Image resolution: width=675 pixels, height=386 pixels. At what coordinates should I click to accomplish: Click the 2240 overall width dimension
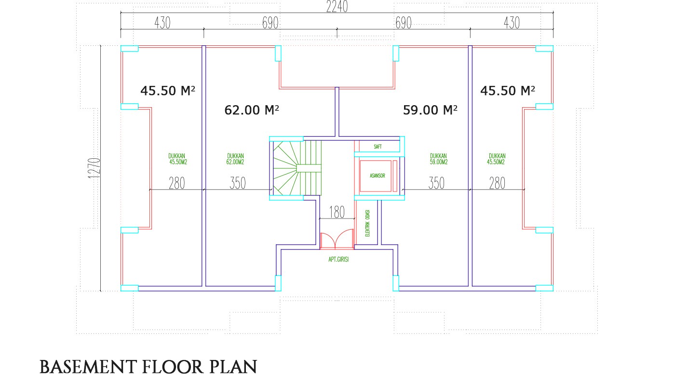337,7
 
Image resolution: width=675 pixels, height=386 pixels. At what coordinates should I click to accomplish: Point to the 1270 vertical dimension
94,168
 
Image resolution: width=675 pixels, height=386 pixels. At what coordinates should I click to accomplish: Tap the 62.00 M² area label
252,110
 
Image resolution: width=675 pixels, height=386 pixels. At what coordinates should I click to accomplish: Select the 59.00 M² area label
430,110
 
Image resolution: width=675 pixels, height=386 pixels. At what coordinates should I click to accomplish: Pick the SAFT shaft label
378,147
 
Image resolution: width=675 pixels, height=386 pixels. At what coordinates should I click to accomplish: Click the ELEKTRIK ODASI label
367,223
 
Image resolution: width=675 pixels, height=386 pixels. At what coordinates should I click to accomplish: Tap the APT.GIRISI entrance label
338,260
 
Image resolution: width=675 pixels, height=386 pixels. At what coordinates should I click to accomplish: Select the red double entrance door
337,239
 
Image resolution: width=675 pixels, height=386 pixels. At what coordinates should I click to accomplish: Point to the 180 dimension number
337,212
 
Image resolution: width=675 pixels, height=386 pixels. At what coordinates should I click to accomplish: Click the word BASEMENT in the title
88,367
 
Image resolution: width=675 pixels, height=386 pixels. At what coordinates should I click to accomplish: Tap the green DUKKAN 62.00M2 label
235,159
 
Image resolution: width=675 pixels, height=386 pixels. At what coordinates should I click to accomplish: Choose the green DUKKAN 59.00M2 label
438,159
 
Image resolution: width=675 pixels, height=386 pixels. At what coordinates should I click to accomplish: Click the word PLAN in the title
233,367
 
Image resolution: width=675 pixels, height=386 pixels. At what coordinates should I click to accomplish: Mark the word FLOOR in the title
173,367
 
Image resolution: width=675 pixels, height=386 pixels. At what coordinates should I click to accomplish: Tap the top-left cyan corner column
130,49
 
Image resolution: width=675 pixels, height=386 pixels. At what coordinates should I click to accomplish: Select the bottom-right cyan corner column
544,288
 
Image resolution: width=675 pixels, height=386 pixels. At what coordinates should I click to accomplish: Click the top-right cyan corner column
544,49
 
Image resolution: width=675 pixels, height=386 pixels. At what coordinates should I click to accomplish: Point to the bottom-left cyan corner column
130,288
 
